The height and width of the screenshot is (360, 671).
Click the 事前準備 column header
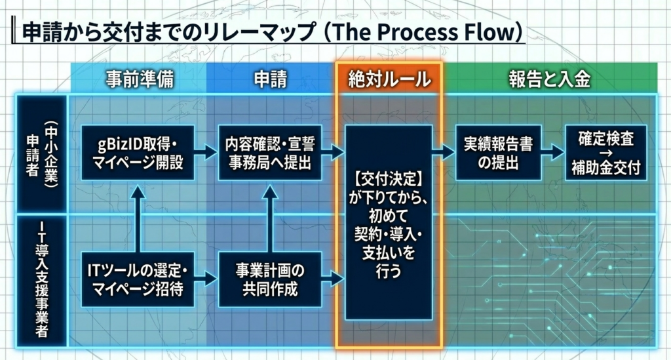[x=138, y=79]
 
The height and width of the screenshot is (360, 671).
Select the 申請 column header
[x=270, y=79]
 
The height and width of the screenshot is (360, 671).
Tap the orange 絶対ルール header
[x=389, y=79]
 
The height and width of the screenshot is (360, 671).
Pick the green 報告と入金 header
[x=550, y=79]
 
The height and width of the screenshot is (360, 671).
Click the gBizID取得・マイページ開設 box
[x=138, y=152]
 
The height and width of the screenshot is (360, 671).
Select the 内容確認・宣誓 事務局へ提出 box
[x=270, y=152]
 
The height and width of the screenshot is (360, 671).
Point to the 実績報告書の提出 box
[x=498, y=152]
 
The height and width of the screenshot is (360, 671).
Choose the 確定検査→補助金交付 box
[x=605, y=152]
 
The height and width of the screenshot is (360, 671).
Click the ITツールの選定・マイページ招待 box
[x=138, y=279]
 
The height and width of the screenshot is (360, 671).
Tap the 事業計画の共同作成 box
[x=270, y=279]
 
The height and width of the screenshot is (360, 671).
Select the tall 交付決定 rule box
[x=389, y=223]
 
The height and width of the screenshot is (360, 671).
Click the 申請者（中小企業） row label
[x=41, y=154]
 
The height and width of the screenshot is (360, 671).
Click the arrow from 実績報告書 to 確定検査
[x=552, y=153]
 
